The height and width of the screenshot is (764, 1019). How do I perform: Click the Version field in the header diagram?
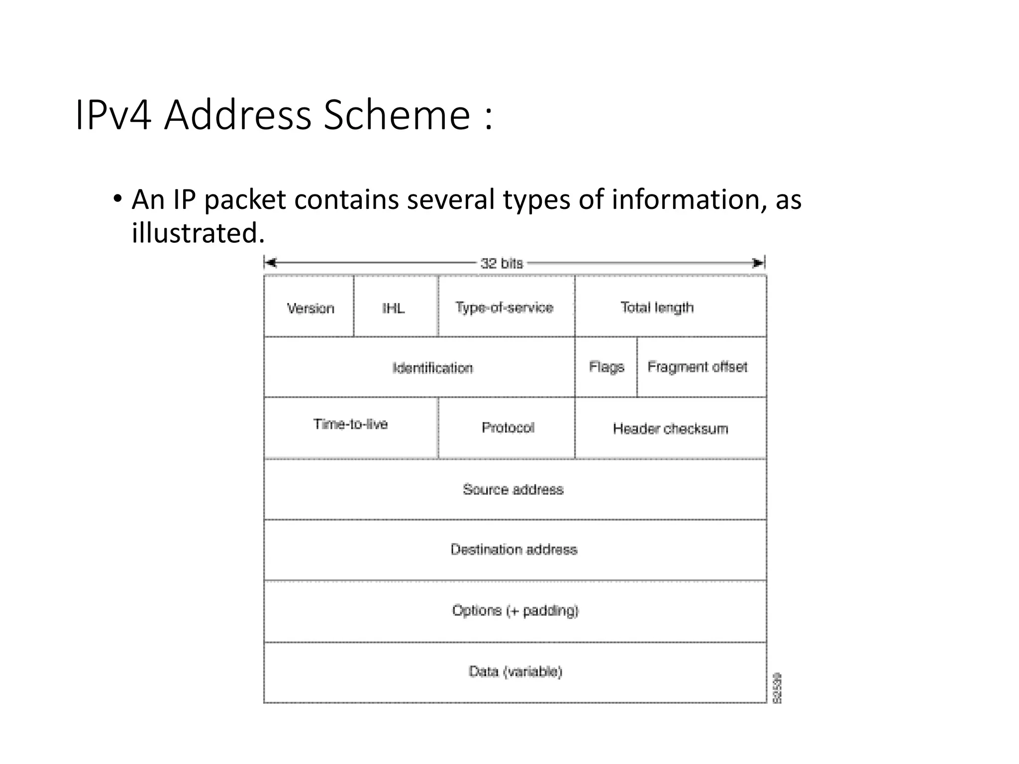pos(309,307)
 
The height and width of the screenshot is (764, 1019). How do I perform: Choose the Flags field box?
pos(606,367)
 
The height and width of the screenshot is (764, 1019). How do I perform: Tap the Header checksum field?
pos(670,428)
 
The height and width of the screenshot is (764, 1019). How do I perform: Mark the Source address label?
pos(513,489)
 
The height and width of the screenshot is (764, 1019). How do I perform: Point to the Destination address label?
pos(514,550)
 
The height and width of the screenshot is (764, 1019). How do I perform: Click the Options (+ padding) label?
pos(515,610)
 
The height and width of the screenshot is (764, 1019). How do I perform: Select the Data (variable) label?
pos(515,671)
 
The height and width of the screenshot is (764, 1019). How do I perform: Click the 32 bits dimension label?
pos(502,263)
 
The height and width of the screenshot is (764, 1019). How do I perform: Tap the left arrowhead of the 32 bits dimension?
pos(270,263)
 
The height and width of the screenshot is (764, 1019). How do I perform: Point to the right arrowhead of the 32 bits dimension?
pos(758,263)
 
